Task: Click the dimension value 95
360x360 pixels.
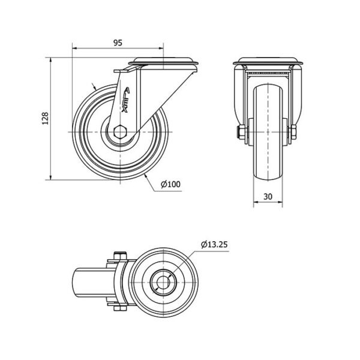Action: (x=118, y=43)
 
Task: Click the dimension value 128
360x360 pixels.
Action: (x=45, y=118)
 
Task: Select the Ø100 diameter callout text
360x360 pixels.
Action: (x=170, y=184)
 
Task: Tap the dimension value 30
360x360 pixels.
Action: (x=268, y=197)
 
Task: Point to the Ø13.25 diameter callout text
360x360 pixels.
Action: (x=214, y=245)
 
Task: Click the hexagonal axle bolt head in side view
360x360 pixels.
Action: (x=120, y=132)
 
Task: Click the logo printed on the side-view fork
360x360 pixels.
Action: (x=125, y=100)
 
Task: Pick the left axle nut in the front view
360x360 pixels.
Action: (x=241, y=133)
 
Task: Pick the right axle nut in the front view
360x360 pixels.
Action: (x=293, y=133)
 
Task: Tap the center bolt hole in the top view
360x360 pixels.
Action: (x=163, y=282)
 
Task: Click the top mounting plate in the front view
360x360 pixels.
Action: (x=268, y=61)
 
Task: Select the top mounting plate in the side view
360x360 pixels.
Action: (x=163, y=61)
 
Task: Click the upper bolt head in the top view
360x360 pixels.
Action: (x=120, y=256)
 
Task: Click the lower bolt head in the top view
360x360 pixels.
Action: (x=120, y=308)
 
